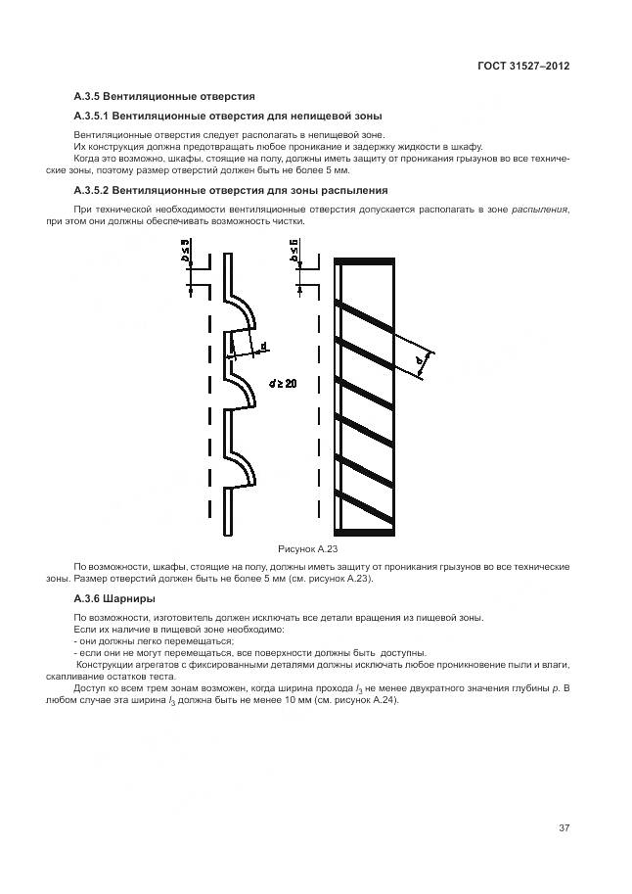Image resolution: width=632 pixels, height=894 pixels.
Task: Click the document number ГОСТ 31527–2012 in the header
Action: tap(522, 66)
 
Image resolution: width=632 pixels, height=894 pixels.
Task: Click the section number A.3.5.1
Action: tap(94, 117)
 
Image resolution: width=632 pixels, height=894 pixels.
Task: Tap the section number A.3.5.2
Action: tap(94, 190)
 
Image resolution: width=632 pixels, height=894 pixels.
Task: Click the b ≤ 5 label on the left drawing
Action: tap(185, 255)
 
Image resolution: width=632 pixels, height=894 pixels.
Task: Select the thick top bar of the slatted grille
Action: tap(365, 261)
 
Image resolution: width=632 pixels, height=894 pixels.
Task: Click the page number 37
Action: tap(564, 828)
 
